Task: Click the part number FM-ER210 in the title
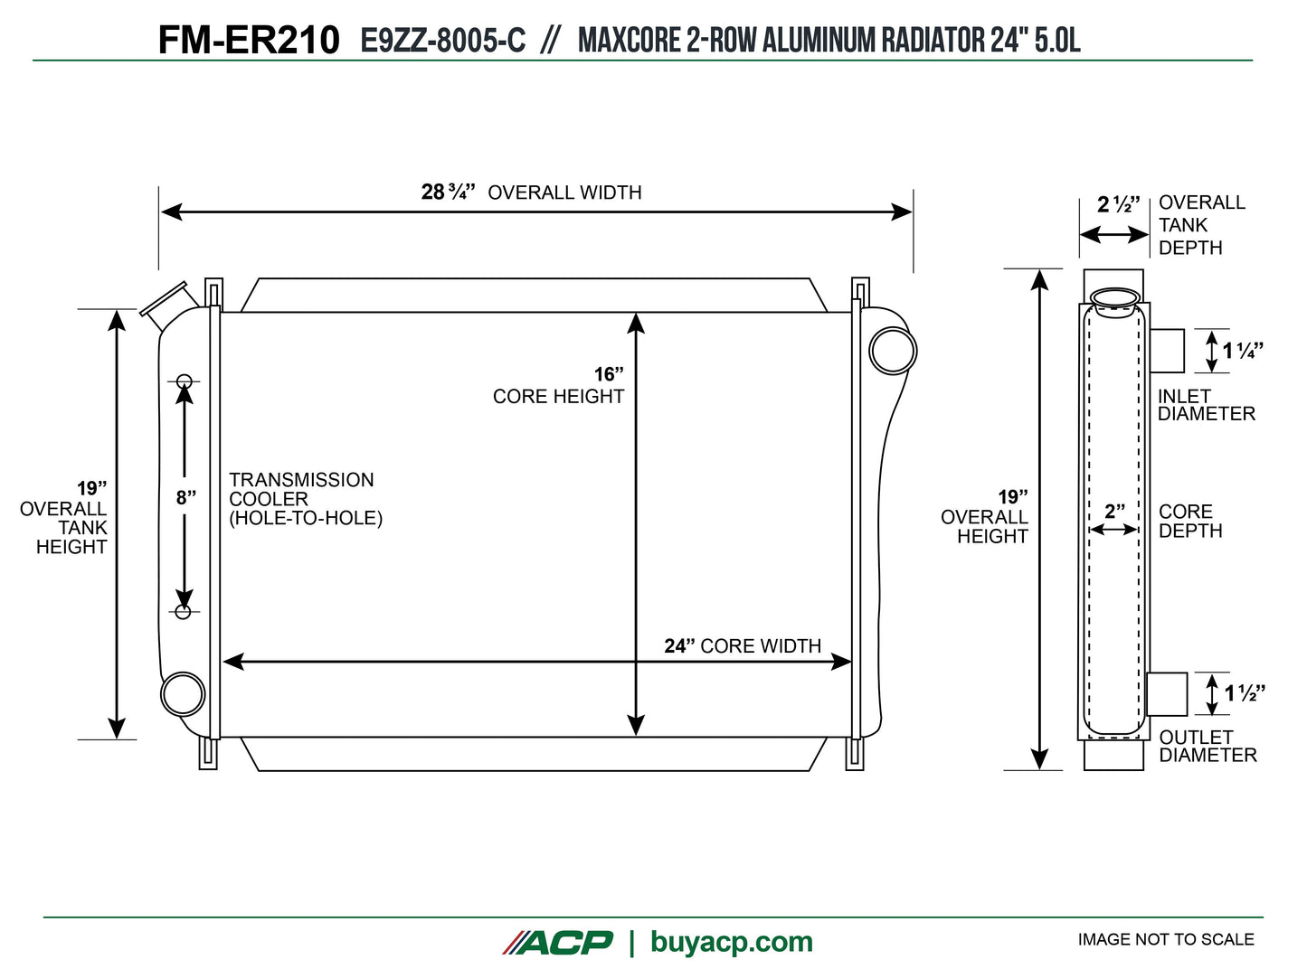click(249, 41)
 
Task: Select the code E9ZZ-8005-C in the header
click(442, 41)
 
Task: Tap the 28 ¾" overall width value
click(448, 192)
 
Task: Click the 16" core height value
click(609, 374)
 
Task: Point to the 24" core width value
click(679, 646)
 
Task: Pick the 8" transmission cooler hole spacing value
click(185, 497)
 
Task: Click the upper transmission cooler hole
click(184, 381)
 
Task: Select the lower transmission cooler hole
click(184, 612)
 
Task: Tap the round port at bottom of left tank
click(184, 694)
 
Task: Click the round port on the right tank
click(893, 351)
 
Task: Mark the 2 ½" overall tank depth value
click(1118, 204)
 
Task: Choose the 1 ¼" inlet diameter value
click(1243, 351)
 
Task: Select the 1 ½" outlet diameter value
click(1245, 693)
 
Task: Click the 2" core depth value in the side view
click(1114, 512)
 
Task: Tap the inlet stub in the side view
click(1167, 351)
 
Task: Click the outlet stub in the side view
click(1168, 694)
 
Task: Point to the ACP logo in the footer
click(558, 942)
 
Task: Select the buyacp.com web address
click(731, 942)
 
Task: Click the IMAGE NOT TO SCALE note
click(1165, 940)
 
